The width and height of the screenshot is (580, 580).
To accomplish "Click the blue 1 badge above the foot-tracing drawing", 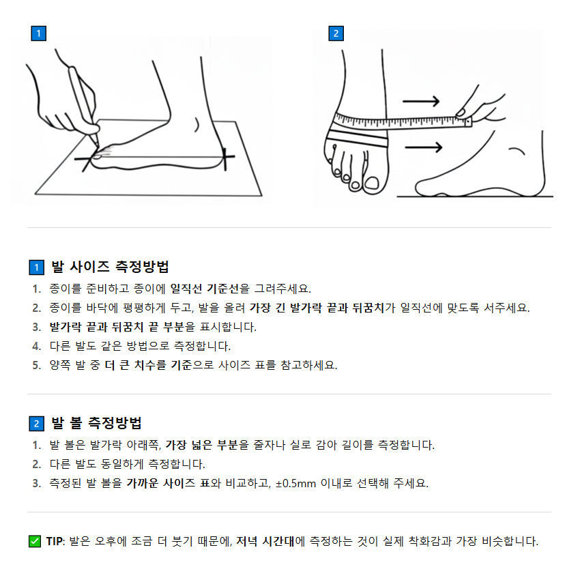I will pos(39,33).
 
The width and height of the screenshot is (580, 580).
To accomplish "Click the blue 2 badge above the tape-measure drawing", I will pos(336,33).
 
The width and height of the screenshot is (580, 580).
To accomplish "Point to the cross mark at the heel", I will pos(226,158).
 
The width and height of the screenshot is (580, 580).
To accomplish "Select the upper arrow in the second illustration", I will pos(420,102).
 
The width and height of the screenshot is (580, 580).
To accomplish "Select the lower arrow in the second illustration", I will pos(423,147).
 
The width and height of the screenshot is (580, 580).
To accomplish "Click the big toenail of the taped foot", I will pos(373,182).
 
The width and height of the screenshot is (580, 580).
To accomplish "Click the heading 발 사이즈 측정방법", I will pos(110,267).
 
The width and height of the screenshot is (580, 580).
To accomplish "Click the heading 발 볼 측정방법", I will pos(96,423).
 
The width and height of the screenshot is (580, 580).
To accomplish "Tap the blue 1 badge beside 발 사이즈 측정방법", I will pos(36,267).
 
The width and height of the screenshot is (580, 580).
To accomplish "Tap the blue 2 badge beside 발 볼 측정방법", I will pos(36,424).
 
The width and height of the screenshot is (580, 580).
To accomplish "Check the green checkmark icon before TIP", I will pos(35,542).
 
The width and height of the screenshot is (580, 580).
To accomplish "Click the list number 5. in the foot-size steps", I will pos(36,365).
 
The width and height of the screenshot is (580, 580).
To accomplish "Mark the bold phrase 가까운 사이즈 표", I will pos(167,483).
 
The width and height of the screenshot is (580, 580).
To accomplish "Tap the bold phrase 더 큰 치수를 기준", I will pos(148,365).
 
